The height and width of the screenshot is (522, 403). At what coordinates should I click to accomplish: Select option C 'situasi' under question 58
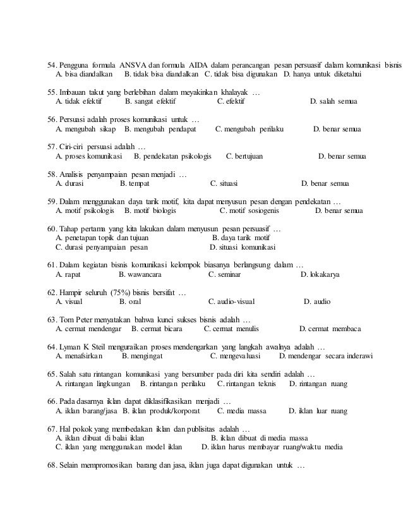pyautogui.click(x=224, y=184)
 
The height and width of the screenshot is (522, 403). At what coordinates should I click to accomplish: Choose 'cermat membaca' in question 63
pyautogui.click(x=330, y=329)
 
